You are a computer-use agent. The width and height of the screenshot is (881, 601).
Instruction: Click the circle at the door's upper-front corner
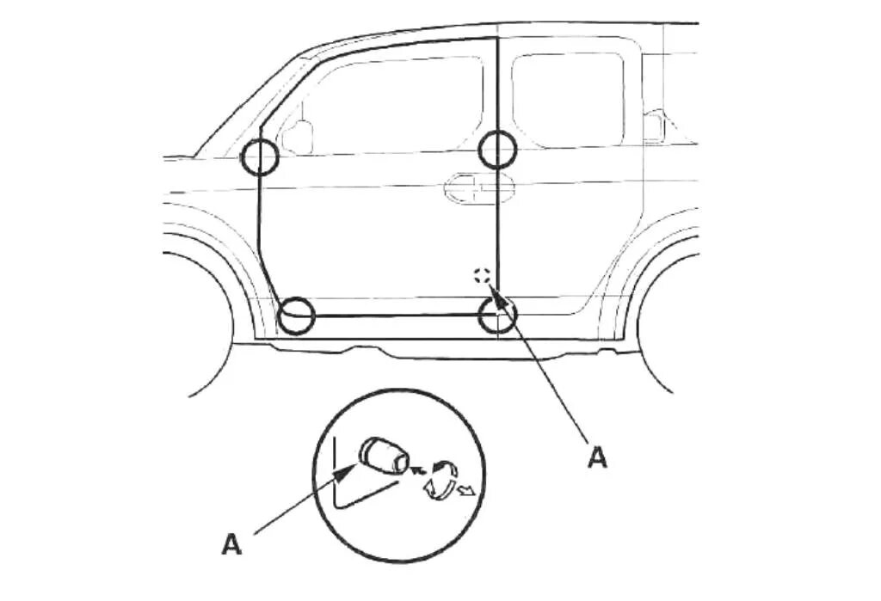coord(259,157)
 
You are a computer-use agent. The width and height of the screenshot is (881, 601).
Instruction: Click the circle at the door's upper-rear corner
coord(497,150)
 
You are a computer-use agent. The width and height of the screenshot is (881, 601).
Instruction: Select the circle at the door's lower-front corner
coord(297,316)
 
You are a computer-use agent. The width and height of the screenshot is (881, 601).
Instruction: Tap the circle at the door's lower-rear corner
coord(497,316)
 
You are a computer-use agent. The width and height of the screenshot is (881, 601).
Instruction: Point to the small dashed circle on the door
coord(482,276)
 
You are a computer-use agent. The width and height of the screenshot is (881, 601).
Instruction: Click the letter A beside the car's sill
coord(597,457)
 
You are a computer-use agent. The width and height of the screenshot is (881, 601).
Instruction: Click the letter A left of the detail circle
coord(231,543)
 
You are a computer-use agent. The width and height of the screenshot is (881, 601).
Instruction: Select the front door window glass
coord(391,105)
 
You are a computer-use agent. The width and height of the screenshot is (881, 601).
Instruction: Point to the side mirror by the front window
coord(298,136)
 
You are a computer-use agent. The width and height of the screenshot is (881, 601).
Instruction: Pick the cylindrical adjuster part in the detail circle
coord(385,455)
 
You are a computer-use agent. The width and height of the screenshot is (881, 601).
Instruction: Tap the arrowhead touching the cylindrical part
coord(352,468)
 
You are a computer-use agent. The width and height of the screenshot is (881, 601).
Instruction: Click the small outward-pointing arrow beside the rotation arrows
coord(466,491)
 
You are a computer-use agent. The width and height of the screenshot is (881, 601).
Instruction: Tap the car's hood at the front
coord(181,157)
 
